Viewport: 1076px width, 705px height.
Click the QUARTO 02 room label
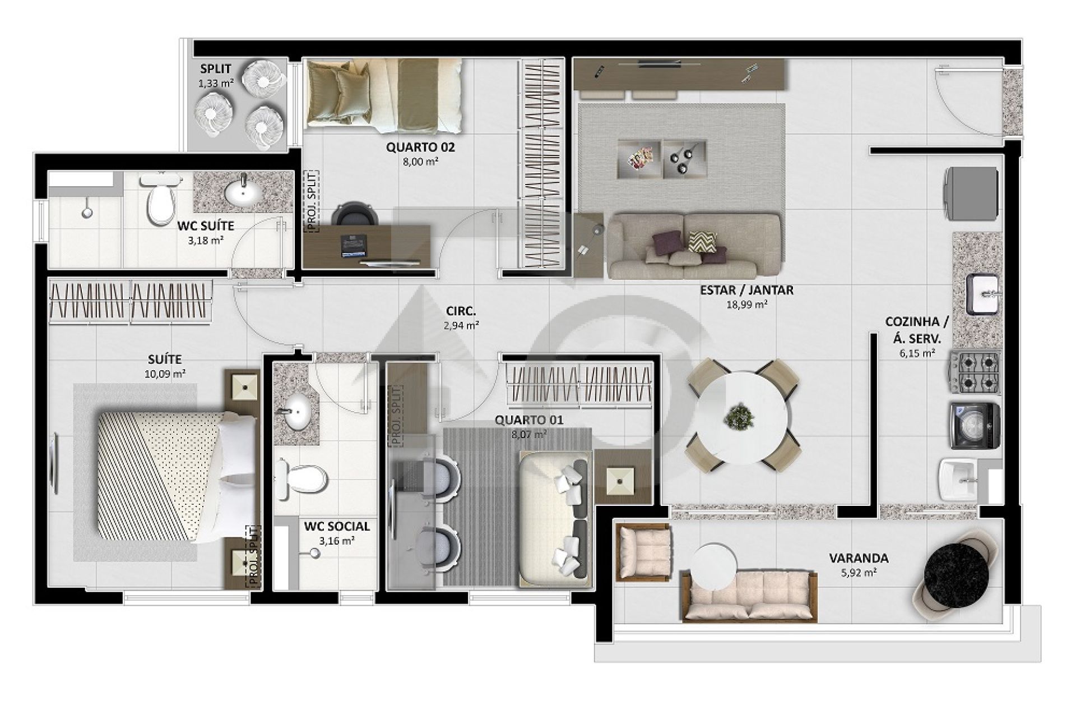(420, 148)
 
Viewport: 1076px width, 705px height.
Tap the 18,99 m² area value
(746, 305)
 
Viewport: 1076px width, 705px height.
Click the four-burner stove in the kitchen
(974, 372)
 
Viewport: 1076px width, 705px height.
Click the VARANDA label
(859, 558)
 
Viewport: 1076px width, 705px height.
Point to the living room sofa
(694, 246)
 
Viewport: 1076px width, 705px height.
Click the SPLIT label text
(216, 70)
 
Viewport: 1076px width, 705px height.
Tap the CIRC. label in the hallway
(461, 311)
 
